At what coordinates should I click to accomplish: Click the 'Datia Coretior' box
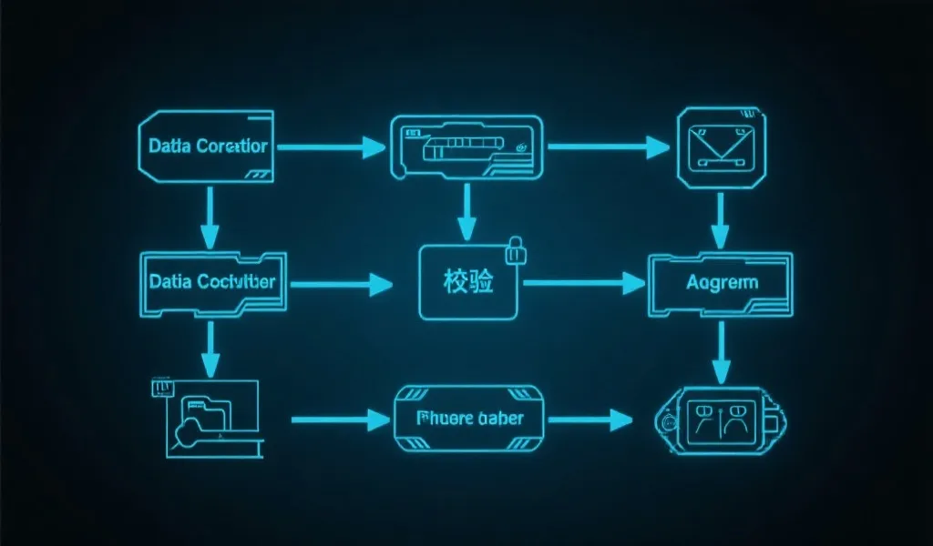click(206, 146)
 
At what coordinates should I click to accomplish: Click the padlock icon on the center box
click(516, 248)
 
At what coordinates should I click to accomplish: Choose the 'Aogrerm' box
click(720, 283)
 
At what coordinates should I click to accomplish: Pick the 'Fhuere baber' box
click(469, 419)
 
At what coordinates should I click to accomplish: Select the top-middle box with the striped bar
click(466, 145)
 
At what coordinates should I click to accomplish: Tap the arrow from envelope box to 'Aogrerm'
click(720, 220)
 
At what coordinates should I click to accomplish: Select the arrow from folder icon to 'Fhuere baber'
click(339, 420)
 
